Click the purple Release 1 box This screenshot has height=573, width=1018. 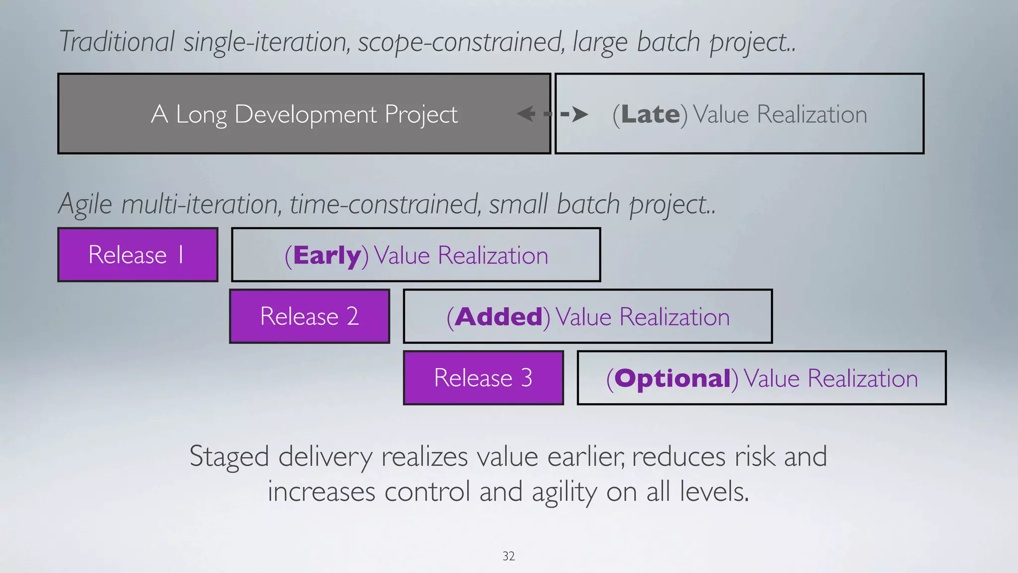pyautogui.click(x=138, y=255)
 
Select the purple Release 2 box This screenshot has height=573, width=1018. pyautogui.click(x=309, y=316)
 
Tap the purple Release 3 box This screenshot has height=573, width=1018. pyautogui.click(x=483, y=378)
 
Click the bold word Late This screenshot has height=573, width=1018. pyautogui.click(x=650, y=114)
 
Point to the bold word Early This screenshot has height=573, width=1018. pyautogui.click(x=327, y=256)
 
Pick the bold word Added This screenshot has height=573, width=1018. pyautogui.click(x=499, y=317)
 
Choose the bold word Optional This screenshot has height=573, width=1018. pyautogui.click(x=673, y=379)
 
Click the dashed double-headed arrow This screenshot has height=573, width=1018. pyautogui.click(x=552, y=114)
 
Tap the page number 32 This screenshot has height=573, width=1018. pyautogui.click(x=509, y=556)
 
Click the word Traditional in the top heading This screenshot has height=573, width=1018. pyautogui.click(x=117, y=41)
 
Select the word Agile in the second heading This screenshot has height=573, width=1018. pyautogui.click(x=85, y=204)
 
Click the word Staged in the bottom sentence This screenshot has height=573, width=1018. pyautogui.click(x=229, y=456)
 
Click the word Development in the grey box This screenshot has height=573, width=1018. pyautogui.click(x=306, y=114)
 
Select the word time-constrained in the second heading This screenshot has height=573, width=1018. pyautogui.click(x=385, y=204)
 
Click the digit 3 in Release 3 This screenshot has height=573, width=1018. pyautogui.click(x=527, y=378)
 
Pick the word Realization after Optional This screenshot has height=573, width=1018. pyautogui.click(x=862, y=379)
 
